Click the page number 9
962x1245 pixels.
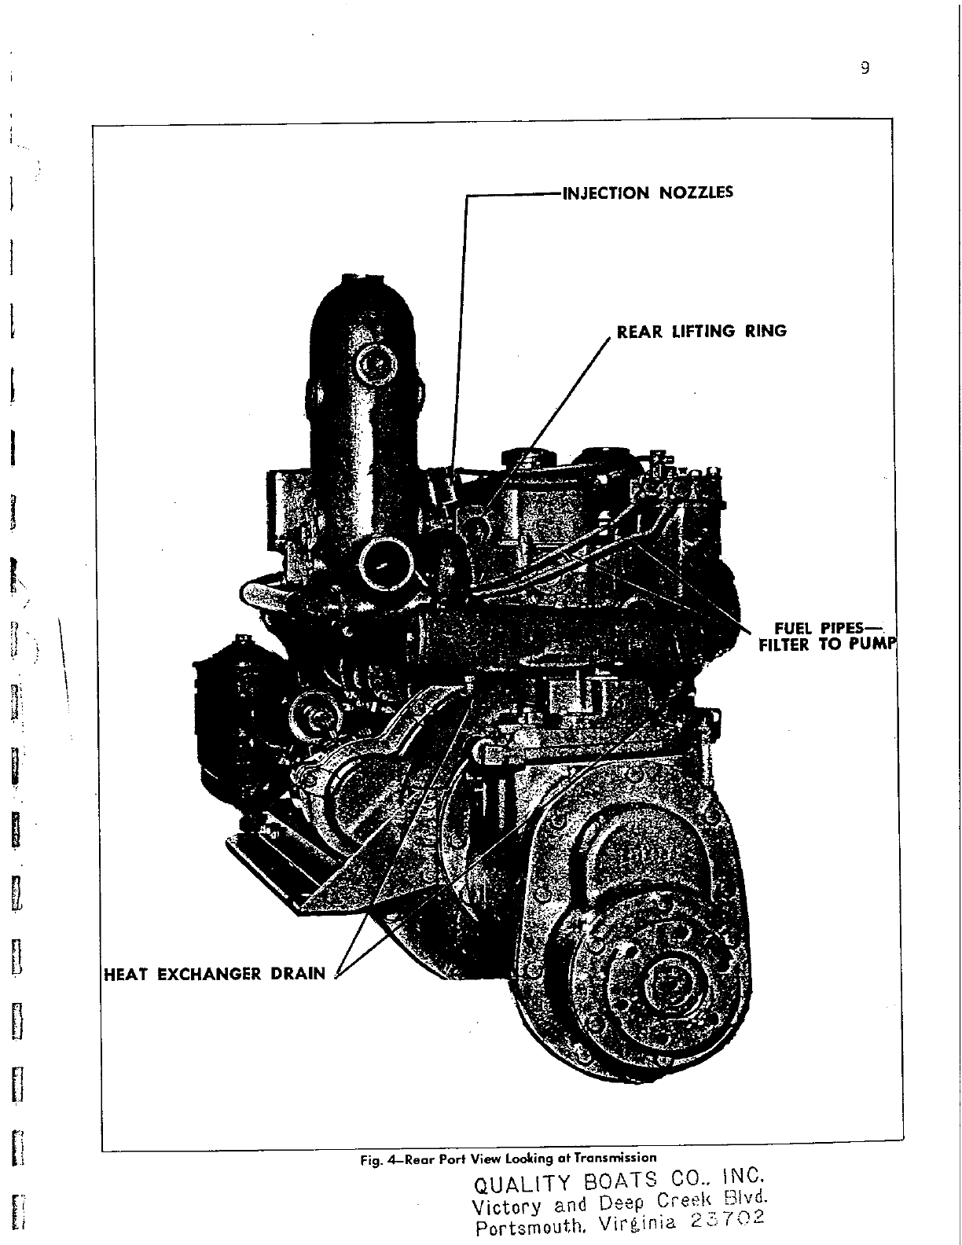[864, 68]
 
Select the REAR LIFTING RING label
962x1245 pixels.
[701, 331]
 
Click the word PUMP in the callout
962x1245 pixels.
[875, 644]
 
